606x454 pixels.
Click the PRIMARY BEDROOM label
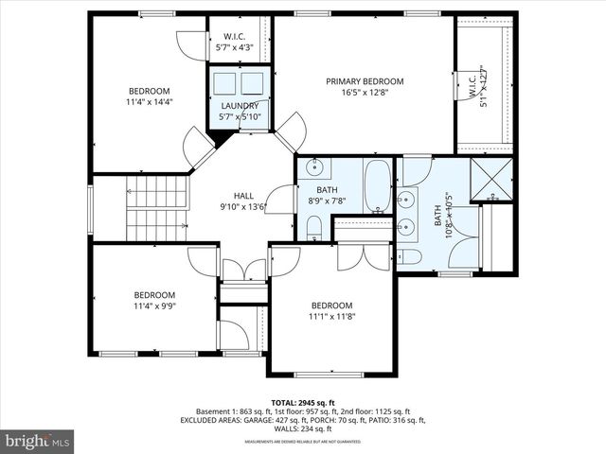click(365, 81)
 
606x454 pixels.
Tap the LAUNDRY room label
click(240, 106)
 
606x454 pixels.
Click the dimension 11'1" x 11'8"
click(332, 318)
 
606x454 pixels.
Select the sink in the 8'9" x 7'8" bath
click(315, 170)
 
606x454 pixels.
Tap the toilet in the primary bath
click(412, 256)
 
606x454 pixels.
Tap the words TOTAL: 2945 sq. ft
click(303, 401)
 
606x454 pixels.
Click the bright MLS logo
click(38, 441)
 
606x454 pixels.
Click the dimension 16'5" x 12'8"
click(365, 93)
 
